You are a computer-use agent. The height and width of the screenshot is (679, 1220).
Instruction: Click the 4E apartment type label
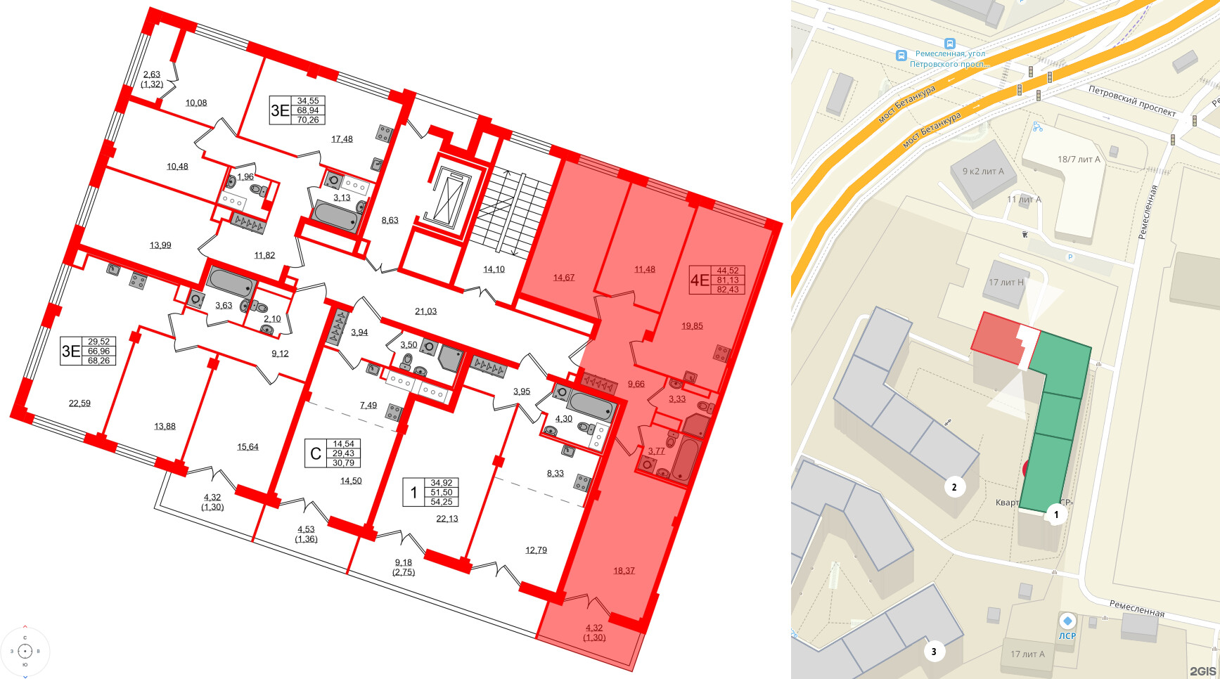(x=700, y=280)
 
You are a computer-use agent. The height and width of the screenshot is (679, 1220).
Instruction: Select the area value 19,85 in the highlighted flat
(x=692, y=326)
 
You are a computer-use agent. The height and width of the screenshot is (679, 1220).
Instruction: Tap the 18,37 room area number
(x=624, y=571)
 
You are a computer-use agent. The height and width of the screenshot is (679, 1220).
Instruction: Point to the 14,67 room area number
(x=564, y=278)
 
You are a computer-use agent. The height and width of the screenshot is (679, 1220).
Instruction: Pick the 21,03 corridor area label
(x=425, y=311)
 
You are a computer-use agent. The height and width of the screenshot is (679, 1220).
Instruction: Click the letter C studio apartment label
(x=316, y=454)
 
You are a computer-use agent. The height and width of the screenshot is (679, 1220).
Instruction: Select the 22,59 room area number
(x=79, y=403)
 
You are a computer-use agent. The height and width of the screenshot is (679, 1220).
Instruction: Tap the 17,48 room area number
(x=342, y=139)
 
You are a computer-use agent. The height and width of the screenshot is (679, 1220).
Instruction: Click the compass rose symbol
(x=25, y=652)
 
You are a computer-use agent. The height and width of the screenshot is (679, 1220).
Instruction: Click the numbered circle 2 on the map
(x=954, y=486)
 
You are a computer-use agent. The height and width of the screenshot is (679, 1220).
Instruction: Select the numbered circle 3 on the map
(x=934, y=652)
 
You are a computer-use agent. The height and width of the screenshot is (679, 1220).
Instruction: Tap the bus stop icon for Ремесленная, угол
(x=901, y=55)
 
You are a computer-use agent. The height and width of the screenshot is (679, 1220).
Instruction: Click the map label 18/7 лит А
(x=1079, y=160)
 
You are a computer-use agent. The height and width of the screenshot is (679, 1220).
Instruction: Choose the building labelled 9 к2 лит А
(x=983, y=172)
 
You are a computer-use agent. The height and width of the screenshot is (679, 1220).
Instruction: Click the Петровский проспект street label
(x=1132, y=101)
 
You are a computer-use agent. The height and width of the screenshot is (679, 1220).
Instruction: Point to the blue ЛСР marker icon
(x=1067, y=621)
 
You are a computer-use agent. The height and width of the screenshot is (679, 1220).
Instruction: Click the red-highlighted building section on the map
(x=996, y=338)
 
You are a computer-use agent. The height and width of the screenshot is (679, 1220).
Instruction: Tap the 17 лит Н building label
(x=1006, y=283)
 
